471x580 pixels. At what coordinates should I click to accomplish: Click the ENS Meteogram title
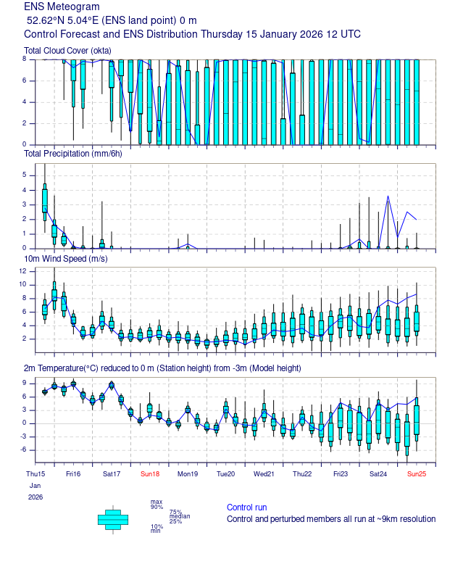click(62, 7)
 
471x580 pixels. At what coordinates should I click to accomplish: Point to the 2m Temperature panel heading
click(162, 368)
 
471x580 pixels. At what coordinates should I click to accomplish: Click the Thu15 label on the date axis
click(35, 474)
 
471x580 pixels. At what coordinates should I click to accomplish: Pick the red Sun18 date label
click(150, 474)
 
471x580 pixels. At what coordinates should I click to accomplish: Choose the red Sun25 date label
click(417, 474)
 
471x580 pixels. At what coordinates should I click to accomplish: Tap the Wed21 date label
click(264, 474)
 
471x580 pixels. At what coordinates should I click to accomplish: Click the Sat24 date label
click(378, 474)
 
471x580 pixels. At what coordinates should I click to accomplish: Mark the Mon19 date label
click(188, 474)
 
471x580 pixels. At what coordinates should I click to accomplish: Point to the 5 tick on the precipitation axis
click(25, 175)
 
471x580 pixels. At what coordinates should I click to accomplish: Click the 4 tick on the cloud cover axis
click(25, 101)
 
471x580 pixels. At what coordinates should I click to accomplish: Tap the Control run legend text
click(246, 507)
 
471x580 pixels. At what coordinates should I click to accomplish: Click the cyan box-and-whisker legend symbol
click(113, 518)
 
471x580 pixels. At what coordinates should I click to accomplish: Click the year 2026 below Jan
click(36, 497)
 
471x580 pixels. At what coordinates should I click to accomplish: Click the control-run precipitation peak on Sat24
click(388, 196)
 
